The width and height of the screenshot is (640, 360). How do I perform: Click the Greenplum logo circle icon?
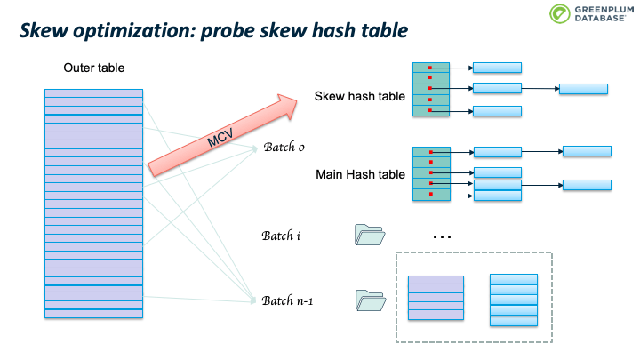[x=560, y=13]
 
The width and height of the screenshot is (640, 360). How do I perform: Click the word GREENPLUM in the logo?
[x=604, y=10]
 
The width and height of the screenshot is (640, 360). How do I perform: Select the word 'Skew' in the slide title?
[x=44, y=30]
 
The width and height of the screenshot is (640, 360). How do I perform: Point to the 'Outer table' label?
[x=94, y=68]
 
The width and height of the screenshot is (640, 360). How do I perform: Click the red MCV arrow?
[x=222, y=135]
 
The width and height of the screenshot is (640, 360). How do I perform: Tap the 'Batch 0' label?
[x=284, y=147]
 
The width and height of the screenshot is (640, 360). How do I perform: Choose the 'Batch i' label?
[x=281, y=236]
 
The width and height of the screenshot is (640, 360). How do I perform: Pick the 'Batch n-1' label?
[x=287, y=300]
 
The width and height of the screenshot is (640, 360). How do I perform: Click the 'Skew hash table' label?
[x=360, y=96]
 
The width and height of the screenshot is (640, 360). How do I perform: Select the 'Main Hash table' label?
[x=360, y=175]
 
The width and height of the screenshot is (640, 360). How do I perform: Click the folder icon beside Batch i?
[x=370, y=235]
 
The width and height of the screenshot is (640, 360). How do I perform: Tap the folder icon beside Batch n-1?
[x=371, y=300]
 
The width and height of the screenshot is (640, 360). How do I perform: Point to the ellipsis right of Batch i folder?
[x=442, y=236]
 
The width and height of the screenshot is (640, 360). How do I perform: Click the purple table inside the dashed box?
[x=436, y=298]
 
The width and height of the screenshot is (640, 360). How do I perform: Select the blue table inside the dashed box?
[x=514, y=300]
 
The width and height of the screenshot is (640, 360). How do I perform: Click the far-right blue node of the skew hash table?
[x=583, y=89]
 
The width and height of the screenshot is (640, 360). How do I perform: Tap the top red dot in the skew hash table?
[x=430, y=68]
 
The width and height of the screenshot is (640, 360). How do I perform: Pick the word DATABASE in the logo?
[x=600, y=19]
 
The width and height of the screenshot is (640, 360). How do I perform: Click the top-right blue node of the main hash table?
[x=587, y=151]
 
